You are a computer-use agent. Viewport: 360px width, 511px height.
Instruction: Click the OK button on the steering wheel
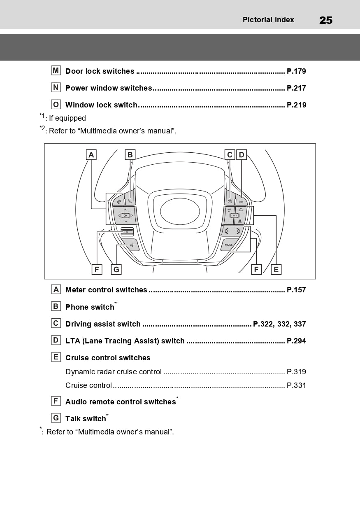pyautogui.click(x=125, y=215)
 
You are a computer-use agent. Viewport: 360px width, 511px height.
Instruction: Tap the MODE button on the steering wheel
pyautogui.click(x=229, y=245)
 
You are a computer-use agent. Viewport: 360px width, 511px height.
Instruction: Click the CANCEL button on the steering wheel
pyautogui.click(x=234, y=215)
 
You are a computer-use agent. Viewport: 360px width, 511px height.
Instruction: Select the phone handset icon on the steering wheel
pyautogui.click(x=130, y=201)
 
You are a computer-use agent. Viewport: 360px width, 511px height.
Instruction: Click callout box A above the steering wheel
pyautogui.click(x=91, y=155)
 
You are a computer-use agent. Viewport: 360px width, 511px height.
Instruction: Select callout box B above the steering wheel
pyautogui.click(x=130, y=155)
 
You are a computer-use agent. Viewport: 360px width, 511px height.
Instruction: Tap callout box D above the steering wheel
pyautogui.click(x=242, y=155)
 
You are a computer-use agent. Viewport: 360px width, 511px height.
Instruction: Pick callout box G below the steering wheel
pyautogui.click(x=116, y=270)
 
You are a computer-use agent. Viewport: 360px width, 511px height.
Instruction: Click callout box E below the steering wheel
pyautogui.click(x=276, y=270)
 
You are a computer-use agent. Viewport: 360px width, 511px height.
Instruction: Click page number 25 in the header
pyautogui.click(x=325, y=20)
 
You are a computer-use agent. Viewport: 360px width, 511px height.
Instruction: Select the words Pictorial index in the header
pyautogui.click(x=268, y=20)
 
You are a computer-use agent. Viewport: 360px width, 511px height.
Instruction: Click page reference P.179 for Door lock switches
pyautogui.click(x=296, y=71)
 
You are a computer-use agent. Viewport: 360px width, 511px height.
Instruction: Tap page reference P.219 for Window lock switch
pyautogui.click(x=296, y=105)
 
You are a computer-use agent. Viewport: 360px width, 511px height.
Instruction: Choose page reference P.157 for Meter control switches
pyautogui.click(x=296, y=290)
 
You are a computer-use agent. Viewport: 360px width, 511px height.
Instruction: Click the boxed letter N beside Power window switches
pyautogui.click(x=56, y=88)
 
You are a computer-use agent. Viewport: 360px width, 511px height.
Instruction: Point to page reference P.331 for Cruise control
pyautogui.click(x=296, y=385)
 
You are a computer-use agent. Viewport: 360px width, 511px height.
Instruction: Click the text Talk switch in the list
pyautogui.click(x=86, y=419)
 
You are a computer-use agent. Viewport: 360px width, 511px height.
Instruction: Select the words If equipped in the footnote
pyautogui.click(x=67, y=119)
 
